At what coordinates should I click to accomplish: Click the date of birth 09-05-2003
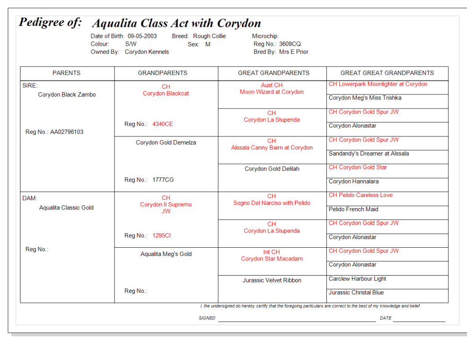142,36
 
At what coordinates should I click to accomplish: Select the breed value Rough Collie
209,36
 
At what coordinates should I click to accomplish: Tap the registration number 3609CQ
290,44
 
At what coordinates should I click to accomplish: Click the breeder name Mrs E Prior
294,52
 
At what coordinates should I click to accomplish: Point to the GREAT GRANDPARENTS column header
273,73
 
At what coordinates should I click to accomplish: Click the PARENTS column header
67,73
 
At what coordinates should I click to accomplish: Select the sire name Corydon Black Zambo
67,95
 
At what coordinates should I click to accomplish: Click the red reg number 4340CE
163,124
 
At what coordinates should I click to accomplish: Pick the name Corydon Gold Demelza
166,143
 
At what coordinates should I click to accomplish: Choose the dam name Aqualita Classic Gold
66,208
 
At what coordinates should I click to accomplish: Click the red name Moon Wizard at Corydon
272,92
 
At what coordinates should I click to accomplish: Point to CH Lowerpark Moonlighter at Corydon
378,84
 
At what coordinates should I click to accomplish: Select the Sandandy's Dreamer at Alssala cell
368,154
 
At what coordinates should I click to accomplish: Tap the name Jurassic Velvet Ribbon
272,281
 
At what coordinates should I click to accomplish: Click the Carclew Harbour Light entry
357,279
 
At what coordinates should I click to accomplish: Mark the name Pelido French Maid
353,209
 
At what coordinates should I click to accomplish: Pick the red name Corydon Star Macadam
272,259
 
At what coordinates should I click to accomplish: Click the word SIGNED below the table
207,318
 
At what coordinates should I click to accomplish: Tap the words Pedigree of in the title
50,22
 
